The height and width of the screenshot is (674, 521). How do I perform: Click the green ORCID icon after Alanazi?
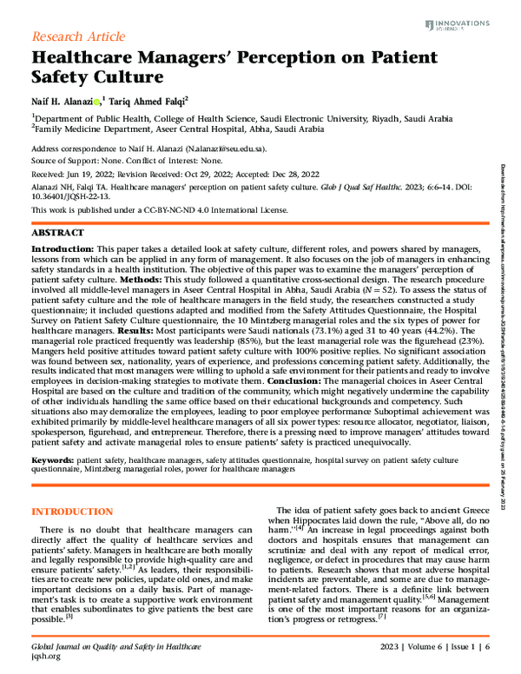pos(96,101)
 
